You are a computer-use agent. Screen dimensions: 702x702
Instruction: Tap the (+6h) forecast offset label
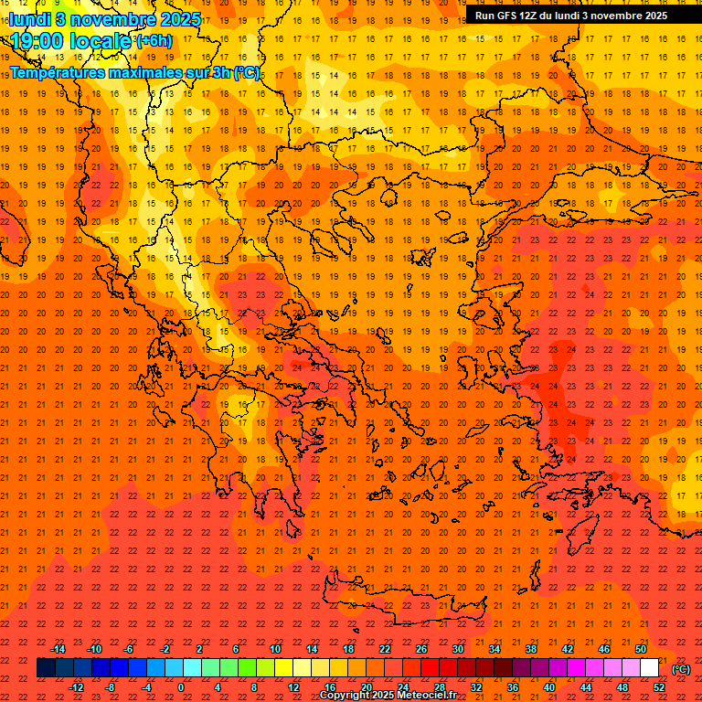[x=154, y=41]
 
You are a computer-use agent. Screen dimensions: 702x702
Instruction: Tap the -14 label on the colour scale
[x=58, y=649]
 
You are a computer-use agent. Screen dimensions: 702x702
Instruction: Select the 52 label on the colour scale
[x=659, y=686]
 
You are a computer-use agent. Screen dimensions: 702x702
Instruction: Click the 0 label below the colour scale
[x=181, y=686]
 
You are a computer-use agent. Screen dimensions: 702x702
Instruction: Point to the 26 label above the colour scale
[x=421, y=649]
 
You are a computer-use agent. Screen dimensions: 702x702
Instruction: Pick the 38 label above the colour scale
[x=531, y=649]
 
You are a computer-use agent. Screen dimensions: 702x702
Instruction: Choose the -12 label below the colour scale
[x=77, y=686]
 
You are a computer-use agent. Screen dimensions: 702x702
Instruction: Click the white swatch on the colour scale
[x=649, y=668]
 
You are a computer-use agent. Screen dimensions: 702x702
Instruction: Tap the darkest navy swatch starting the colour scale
[x=46, y=668]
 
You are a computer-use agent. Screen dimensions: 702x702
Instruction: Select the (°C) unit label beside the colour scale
[x=681, y=669]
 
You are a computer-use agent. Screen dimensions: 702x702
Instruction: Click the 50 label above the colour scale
[x=641, y=649]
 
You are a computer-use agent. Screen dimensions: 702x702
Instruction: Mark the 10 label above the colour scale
[x=275, y=649]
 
